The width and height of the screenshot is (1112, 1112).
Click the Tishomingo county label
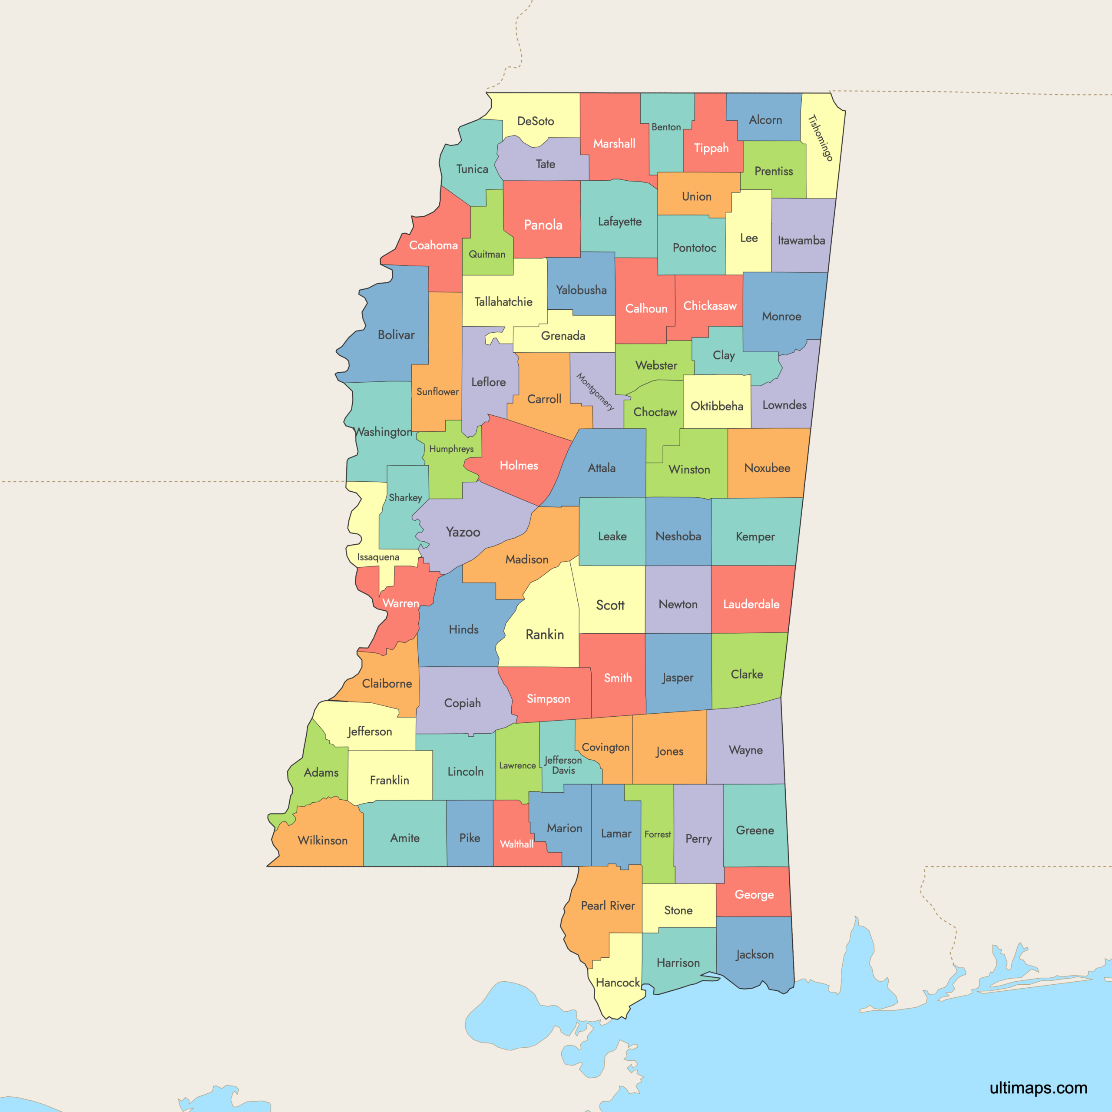[x=820, y=138]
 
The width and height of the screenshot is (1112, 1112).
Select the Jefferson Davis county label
[x=563, y=765]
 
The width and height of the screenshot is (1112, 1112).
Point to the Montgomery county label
[x=595, y=391]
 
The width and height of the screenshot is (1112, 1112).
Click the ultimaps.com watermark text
[x=1038, y=1087]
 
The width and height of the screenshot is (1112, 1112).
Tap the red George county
[x=754, y=892]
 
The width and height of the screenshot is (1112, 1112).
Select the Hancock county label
[x=618, y=983]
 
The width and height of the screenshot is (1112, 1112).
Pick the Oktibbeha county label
[x=717, y=406]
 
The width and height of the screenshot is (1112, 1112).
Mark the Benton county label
[x=666, y=127]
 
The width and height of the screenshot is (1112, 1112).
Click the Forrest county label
[x=657, y=834]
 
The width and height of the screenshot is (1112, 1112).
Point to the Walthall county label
[x=516, y=844]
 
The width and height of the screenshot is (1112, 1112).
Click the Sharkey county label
[x=405, y=497]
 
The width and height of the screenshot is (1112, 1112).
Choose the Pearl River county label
[x=608, y=905]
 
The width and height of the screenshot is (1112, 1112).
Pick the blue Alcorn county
[x=765, y=120]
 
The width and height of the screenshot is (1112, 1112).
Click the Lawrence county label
[x=517, y=765]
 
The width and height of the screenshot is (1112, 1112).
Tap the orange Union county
[x=696, y=196]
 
